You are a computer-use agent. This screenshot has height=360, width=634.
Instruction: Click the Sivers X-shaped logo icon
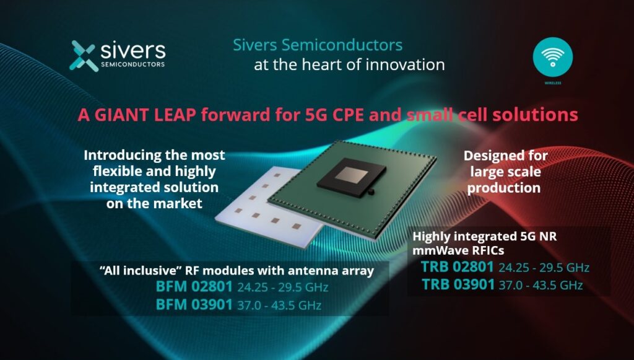pyautogui.click(x=83, y=55)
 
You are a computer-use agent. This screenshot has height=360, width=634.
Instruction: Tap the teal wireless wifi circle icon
pyautogui.click(x=552, y=57)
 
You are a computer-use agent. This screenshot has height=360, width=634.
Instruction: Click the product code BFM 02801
pyautogui.click(x=194, y=288)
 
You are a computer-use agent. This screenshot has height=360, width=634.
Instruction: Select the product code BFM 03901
pyautogui.click(x=194, y=304)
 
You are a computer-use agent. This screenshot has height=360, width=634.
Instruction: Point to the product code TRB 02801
pyautogui.click(x=458, y=267)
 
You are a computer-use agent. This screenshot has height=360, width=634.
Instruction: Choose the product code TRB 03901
pyautogui.click(x=458, y=284)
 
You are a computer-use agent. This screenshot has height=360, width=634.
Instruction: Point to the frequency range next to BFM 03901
pyautogui.click(x=279, y=305)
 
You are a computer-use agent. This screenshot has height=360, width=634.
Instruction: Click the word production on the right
pyautogui.click(x=504, y=187)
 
